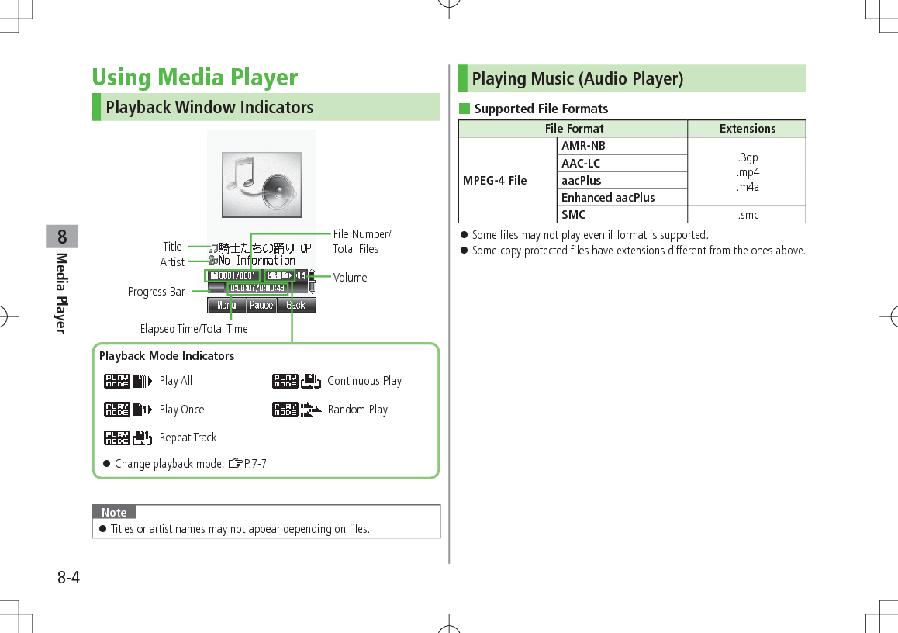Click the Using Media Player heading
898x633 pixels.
coord(195,78)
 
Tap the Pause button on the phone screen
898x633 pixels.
coord(261,306)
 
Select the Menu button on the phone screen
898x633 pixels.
coord(226,306)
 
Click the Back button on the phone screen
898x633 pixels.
coord(296,306)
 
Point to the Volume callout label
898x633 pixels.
coord(350,278)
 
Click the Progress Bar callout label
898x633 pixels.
coord(157,292)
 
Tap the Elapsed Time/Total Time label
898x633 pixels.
coord(194,329)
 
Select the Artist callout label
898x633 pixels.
coord(172,262)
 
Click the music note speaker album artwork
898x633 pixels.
coord(261,185)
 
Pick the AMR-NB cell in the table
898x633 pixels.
coord(583,146)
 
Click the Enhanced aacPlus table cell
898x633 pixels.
coord(608,198)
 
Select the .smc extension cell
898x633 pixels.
coord(748,215)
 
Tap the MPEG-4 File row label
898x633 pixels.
coord(495,181)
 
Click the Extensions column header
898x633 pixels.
coord(748,129)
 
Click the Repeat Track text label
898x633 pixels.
coord(188,438)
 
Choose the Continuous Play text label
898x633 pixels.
coord(364,381)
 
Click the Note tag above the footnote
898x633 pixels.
coord(114,512)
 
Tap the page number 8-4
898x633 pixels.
coord(68,578)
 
